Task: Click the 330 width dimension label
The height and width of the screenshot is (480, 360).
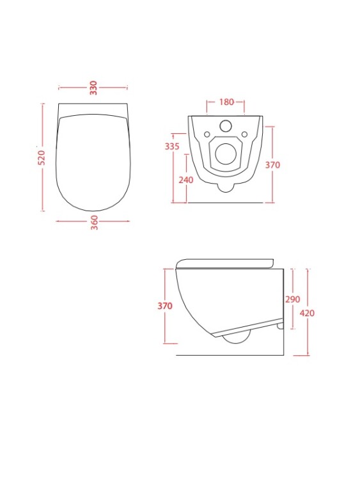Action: point(93,88)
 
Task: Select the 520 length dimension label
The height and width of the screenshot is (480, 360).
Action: point(42,157)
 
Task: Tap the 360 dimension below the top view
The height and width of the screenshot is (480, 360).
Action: point(95,223)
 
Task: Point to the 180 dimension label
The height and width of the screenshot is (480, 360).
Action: point(226,102)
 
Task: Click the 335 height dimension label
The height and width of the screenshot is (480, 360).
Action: point(172,147)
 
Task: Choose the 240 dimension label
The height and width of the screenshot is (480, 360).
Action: point(186,180)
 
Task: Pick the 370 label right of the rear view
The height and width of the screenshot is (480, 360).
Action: point(272,165)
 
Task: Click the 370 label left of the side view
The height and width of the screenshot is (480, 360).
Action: point(165,306)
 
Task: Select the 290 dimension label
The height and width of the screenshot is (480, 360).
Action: point(292,299)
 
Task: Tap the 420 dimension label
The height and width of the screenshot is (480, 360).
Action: point(307,313)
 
